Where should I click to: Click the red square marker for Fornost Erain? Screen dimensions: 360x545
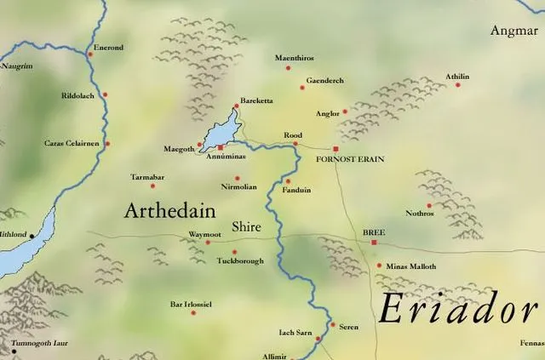point(336,149)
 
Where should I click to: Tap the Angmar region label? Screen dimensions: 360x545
point(514,31)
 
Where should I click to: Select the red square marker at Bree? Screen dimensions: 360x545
point(373,243)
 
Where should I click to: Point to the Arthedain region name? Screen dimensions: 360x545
point(169,211)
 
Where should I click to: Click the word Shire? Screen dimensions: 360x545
point(246,227)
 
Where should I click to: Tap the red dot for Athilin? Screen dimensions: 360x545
point(457,84)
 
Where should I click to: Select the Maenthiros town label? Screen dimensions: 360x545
point(295,58)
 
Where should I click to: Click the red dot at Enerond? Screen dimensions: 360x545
point(89,54)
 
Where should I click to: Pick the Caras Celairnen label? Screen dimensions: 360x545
point(72,144)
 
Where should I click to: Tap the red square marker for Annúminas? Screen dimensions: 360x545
point(221,148)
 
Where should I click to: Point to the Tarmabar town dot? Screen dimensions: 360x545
point(152,186)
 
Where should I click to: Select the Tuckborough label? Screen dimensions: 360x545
point(240,261)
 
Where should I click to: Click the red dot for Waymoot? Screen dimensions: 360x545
point(208,242)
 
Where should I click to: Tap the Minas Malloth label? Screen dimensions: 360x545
point(410,266)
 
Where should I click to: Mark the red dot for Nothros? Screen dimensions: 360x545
point(429,205)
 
